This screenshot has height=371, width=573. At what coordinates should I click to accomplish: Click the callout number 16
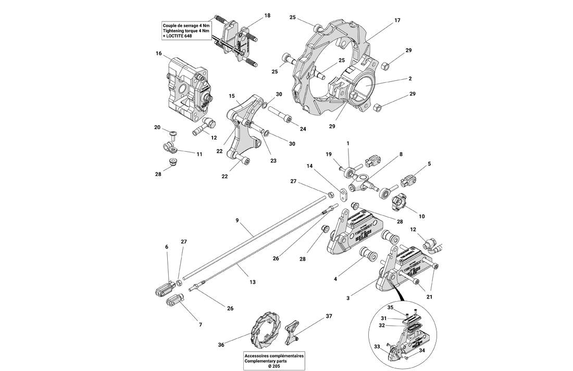(159, 53)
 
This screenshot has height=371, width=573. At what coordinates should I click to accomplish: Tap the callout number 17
(397, 21)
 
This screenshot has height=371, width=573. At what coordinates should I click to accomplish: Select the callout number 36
(221, 344)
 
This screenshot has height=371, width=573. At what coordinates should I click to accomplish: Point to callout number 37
(329, 316)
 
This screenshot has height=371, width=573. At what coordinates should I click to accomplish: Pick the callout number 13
(252, 281)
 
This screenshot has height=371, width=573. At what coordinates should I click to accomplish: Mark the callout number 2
(410, 79)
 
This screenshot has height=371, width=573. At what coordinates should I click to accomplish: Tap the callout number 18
(267, 16)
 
